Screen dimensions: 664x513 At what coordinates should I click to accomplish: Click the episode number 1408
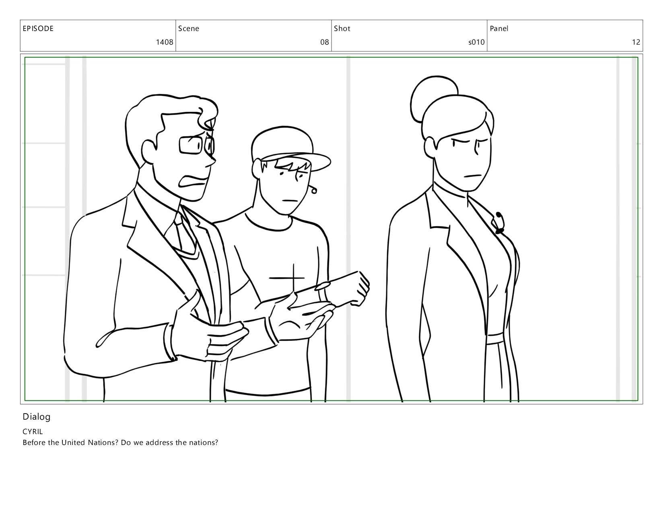click(x=165, y=42)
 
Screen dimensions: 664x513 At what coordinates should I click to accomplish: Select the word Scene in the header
click(x=188, y=29)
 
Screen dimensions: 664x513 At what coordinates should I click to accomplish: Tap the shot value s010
click(x=476, y=42)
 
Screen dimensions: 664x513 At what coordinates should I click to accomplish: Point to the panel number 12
click(x=636, y=42)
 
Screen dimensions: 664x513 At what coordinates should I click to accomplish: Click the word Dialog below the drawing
click(x=37, y=417)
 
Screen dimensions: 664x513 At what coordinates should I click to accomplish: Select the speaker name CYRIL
click(x=33, y=431)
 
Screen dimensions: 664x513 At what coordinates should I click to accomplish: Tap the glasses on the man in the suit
click(x=196, y=145)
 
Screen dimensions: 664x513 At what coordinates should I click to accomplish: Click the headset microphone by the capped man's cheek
click(x=313, y=190)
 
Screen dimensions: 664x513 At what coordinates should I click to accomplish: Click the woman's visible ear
click(x=430, y=148)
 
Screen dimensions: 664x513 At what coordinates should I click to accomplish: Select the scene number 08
click(x=324, y=42)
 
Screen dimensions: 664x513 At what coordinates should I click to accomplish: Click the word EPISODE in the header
click(x=38, y=29)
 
